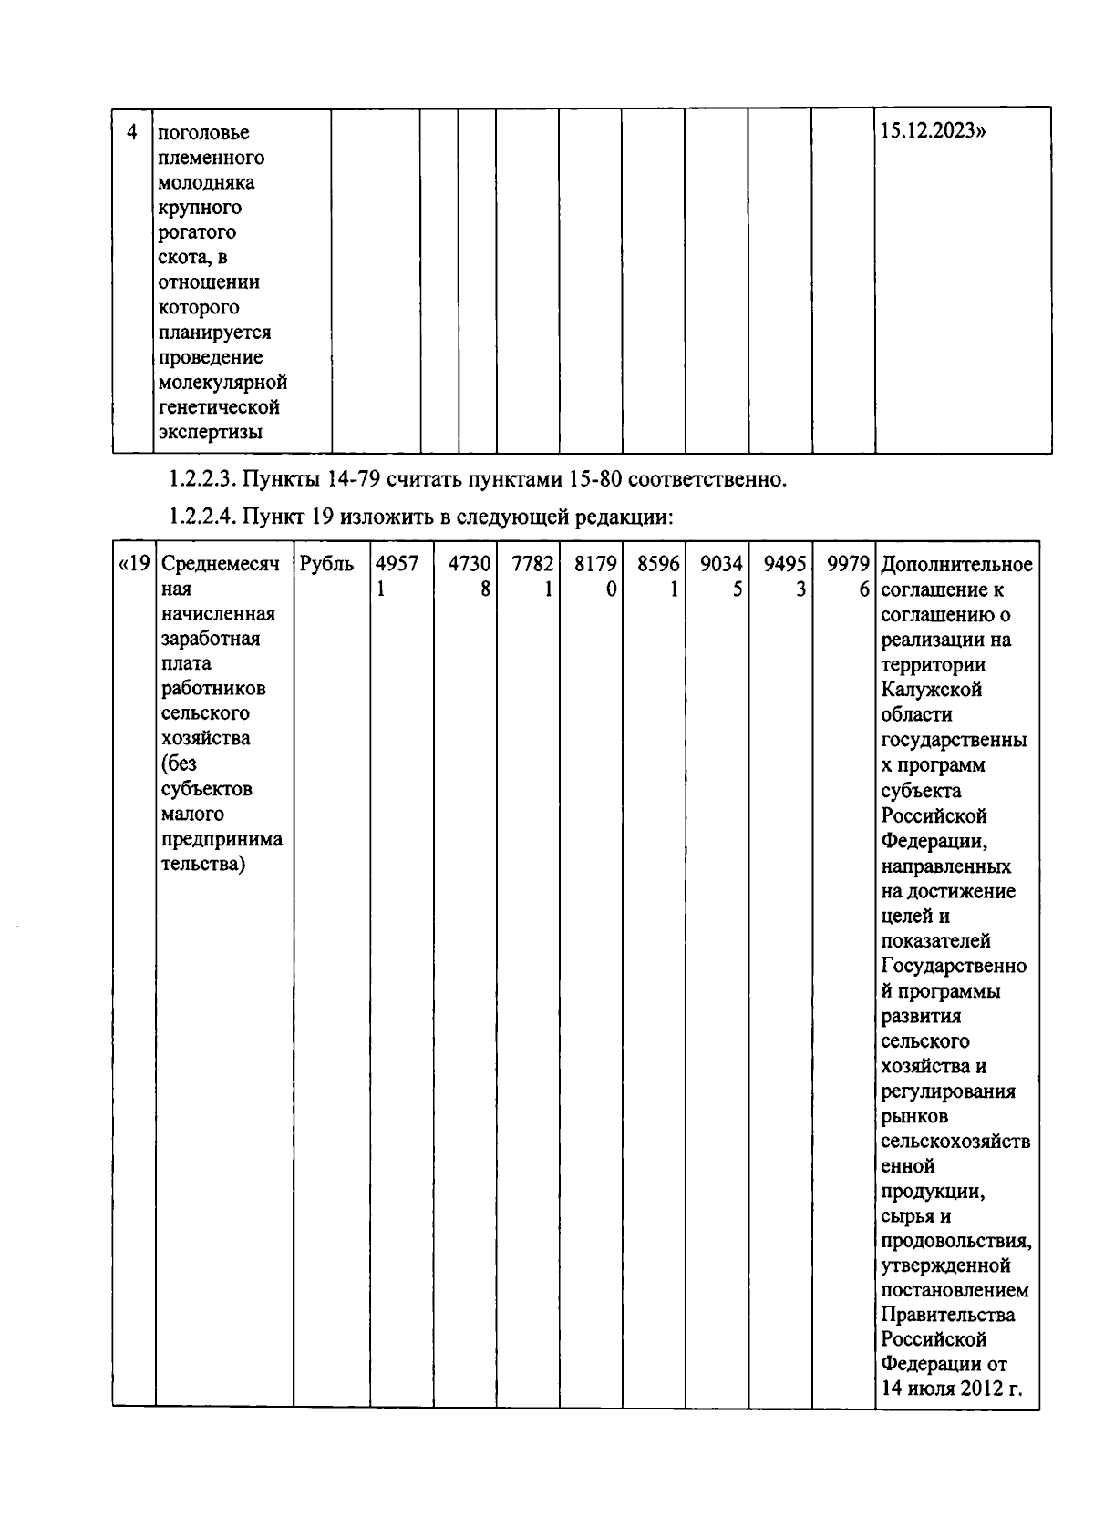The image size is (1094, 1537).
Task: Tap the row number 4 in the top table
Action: [132, 132]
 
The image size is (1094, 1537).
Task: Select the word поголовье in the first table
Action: [204, 133]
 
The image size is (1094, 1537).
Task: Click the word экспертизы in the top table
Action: [211, 432]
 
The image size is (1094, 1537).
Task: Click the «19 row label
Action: [134, 564]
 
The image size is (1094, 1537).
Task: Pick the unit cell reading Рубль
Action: [326, 564]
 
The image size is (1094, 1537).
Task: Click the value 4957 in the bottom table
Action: [397, 564]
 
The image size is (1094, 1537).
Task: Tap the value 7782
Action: [532, 564]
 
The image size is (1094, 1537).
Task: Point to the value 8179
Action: [595, 564]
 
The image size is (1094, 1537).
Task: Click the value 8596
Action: [658, 564]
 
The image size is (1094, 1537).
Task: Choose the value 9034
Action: [721, 564]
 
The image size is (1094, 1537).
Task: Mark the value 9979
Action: [848, 564]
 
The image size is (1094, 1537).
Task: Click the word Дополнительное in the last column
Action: [957, 564]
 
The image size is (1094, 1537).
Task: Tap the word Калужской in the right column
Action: [932, 690]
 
